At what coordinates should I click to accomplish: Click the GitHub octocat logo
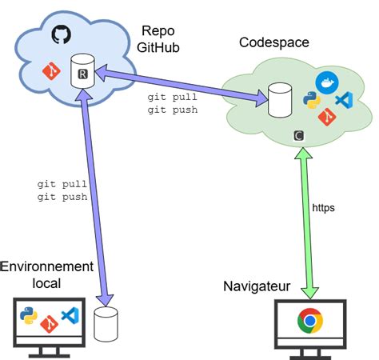[61, 34]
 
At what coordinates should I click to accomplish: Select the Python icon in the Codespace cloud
[313, 102]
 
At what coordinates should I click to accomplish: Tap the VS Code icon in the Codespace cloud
[344, 101]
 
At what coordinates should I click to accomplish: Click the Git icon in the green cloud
[326, 118]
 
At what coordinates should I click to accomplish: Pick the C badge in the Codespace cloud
[298, 136]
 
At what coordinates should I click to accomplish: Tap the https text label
[324, 207]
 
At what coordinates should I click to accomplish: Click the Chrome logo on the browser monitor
[310, 322]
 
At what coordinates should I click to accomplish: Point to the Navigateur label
[256, 286]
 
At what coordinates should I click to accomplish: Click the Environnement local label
[47, 274]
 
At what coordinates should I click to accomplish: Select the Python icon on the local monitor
[29, 316]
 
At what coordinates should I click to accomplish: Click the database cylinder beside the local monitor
[106, 324]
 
